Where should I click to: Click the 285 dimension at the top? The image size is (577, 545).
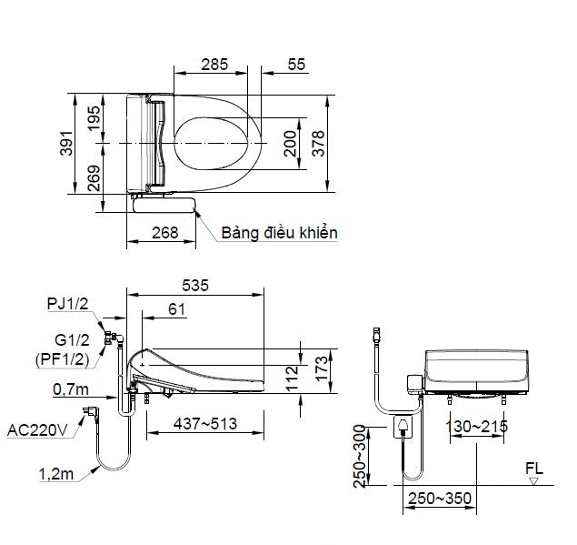[x=214, y=65]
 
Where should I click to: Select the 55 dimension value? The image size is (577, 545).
[x=295, y=65]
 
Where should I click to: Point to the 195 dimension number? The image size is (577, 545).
[x=95, y=118]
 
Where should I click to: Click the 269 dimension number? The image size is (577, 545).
[x=95, y=177]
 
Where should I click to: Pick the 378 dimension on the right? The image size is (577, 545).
[x=318, y=144]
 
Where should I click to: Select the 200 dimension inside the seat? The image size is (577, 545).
[x=290, y=144]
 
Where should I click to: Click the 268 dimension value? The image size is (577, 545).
[x=164, y=233]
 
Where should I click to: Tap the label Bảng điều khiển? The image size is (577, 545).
[x=279, y=234]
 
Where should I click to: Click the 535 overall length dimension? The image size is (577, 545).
[x=194, y=286]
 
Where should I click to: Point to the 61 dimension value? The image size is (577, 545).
[x=177, y=310]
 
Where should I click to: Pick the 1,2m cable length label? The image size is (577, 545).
[x=57, y=473]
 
